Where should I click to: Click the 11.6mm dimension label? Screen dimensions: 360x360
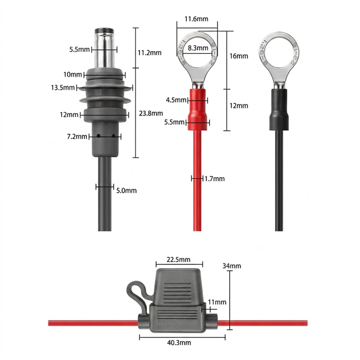197,19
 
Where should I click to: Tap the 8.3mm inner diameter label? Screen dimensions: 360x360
198,48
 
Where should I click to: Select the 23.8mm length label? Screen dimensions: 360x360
151,113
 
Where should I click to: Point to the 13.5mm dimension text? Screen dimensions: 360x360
63,87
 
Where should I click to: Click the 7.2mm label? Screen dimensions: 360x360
77,137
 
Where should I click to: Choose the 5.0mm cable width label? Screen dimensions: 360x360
126,190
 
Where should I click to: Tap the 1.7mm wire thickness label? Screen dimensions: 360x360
214,179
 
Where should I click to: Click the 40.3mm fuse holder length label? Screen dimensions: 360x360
179,342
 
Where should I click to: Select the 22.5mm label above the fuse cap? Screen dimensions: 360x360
179,259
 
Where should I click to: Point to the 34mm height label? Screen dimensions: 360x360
231,266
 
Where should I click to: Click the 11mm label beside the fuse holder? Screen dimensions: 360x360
217,302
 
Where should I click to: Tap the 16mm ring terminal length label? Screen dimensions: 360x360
239,56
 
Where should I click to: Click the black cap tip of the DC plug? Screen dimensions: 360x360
104,31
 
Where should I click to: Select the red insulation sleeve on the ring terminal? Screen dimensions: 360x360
197,110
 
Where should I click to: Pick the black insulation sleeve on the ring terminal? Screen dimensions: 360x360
279,110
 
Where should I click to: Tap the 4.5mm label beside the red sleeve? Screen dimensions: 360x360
176,100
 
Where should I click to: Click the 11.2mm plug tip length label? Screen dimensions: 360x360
150,53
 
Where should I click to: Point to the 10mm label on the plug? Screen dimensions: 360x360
73,74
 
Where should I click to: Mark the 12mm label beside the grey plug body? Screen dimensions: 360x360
69,114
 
